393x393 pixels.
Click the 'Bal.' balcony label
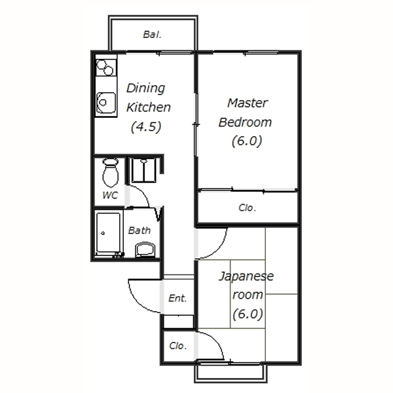(x=152, y=35)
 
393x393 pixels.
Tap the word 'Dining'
(x=145, y=88)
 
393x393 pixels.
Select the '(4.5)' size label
(x=146, y=127)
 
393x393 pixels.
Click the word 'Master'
(x=248, y=103)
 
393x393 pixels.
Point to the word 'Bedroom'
(x=245, y=122)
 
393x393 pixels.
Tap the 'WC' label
(x=110, y=195)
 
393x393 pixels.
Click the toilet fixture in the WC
(x=111, y=172)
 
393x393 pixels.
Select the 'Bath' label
(x=140, y=231)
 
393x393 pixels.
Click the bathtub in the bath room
(x=108, y=233)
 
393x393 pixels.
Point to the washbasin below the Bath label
(x=145, y=250)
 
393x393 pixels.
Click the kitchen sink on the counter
(x=106, y=103)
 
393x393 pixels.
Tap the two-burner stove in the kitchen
(x=106, y=67)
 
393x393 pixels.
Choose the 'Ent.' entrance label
(x=178, y=298)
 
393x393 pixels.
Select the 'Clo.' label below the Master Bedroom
(x=248, y=208)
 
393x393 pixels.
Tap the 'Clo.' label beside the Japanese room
(x=178, y=346)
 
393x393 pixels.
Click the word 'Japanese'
(x=246, y=276)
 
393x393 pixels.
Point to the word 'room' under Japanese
(x=248, y=295)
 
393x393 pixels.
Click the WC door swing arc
(x=143, y=193)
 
